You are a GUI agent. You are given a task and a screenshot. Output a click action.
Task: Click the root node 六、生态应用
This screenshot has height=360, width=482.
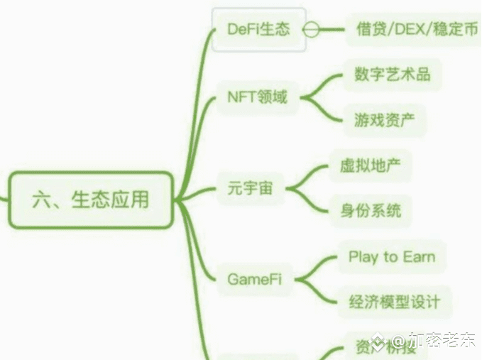[x=91, y=200]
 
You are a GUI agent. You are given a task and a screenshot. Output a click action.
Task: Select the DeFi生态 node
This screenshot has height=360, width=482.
[x=259, y=30]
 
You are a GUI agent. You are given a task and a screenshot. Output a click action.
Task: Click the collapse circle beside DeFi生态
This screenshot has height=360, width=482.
[x=310, y=30]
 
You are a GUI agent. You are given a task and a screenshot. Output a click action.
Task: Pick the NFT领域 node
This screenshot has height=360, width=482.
[x=257, y=97]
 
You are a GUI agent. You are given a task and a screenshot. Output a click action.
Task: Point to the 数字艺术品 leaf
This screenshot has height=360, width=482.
[x=392, y=74]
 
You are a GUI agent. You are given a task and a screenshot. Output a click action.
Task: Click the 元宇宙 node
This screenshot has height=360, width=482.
[x=250, y=189]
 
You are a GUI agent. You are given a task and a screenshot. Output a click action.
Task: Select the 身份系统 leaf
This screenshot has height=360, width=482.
[x=370, y=211]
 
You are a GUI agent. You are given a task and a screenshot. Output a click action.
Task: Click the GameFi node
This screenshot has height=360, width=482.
[x=254, y=279]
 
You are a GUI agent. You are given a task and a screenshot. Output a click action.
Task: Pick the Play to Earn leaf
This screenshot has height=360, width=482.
[x=391, y=256]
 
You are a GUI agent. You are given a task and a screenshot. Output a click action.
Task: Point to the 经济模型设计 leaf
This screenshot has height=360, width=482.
[x=395, y=302]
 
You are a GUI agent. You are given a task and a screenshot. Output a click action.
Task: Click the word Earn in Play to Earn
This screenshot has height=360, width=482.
[x=419, y=256]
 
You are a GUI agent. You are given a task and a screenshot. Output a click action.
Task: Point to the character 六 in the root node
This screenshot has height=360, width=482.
[x=40, y=200]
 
